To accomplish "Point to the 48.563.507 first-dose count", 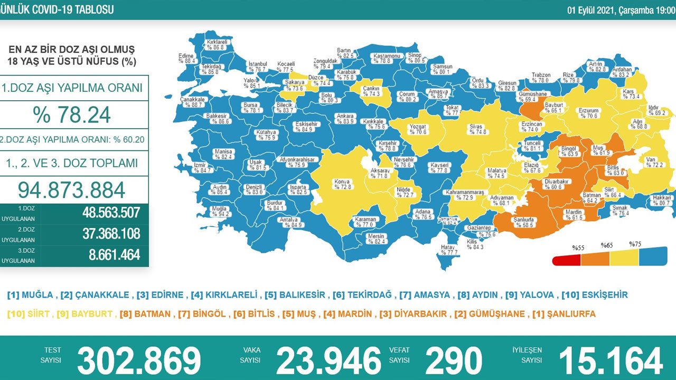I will click(x=111, y=212).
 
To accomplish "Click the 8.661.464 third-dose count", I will click(x=114, y=255).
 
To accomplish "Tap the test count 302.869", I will click(x=139, y=361).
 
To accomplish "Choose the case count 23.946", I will click(x=328, y=361).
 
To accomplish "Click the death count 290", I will click(x=453, y=361).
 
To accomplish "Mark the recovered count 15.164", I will click(x=610, y=361).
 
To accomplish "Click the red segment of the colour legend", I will click(x=566, y=260).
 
